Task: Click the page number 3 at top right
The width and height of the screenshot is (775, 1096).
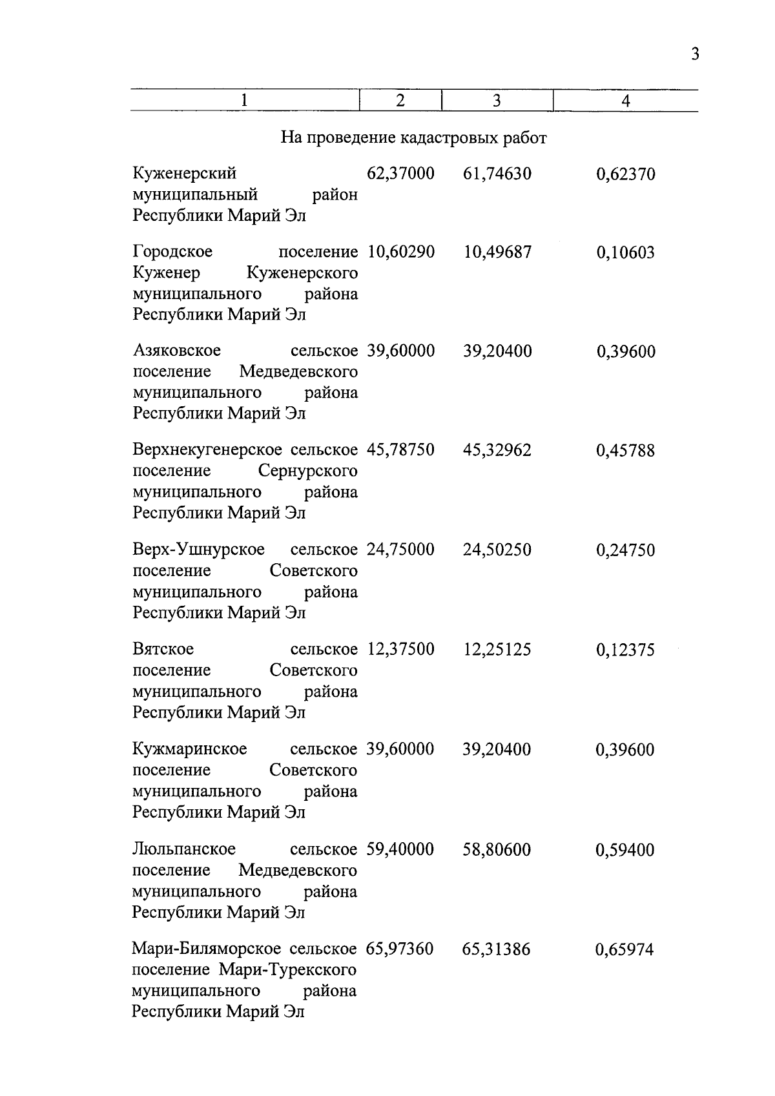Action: (x=695, y=54)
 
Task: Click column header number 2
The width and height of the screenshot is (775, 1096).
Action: (x=400, y=101)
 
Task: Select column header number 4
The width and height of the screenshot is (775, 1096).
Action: (x=625, y=101)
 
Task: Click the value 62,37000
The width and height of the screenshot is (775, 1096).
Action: (x=400, y=174)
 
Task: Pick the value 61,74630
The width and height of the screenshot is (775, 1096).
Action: (x=497, y=174)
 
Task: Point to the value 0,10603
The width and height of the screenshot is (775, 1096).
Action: (x=625, y=253)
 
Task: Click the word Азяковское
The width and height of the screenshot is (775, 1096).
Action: (x=177, y=351)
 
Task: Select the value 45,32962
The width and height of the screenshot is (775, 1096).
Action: (x=497, y=450)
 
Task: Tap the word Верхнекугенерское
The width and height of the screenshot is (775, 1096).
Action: (x=207, y=450)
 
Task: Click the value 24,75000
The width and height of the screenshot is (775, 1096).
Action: (x=400, y=550)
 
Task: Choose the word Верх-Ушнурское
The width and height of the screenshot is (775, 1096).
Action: (x=199, y=550)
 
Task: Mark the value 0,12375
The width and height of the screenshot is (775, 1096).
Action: (x=625, y=650)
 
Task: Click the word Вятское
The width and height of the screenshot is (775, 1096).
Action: (x=163, y=649)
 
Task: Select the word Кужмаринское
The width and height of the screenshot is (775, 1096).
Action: (x=190, y=749)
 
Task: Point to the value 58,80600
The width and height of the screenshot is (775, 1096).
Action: (x=497, y=849)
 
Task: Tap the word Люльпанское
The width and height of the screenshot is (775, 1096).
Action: (x=184, y=849)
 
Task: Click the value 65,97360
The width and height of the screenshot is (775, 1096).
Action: (x=400, y=949)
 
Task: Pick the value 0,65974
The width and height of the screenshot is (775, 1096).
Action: (x=625, y=949)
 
